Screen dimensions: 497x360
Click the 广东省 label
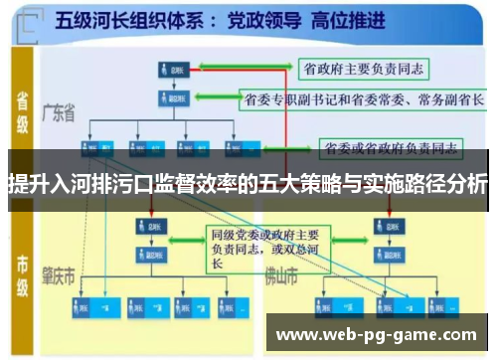click(x=60, y=115)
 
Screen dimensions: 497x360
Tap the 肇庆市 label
click(x=61, y=274)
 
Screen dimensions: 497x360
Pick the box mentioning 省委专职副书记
click(x=363, y=99)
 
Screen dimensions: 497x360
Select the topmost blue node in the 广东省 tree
click(x=169, y=70)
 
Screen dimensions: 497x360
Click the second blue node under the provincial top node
click(x=169, y=97)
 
